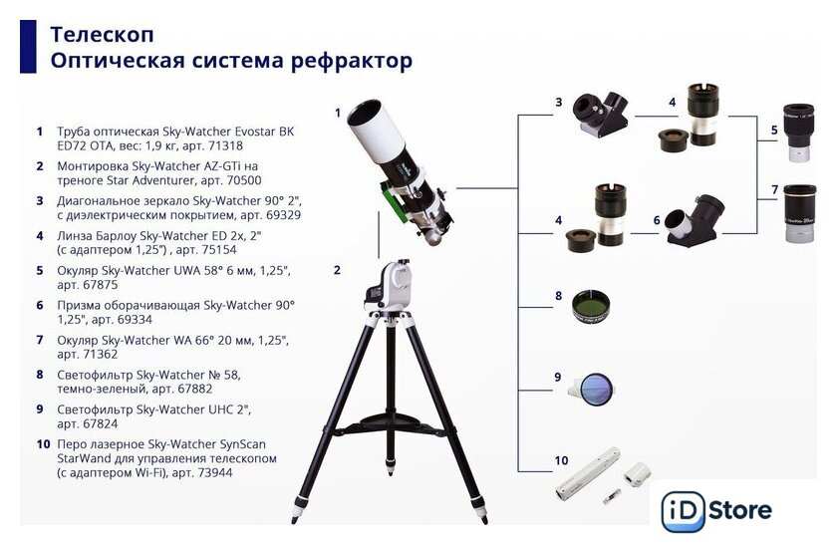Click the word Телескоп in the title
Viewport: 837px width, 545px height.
point(102,34)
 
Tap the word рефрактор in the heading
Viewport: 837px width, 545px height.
point(352,61)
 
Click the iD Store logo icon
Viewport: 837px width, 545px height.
point(683,511)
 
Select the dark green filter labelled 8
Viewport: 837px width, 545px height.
point(590,307)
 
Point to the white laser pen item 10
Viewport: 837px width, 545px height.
point(587,473)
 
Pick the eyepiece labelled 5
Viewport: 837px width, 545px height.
point(798,133)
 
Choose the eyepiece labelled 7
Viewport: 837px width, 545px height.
point(799,213)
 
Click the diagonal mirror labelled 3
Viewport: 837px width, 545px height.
point(600,115)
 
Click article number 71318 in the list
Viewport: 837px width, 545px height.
point(224,145)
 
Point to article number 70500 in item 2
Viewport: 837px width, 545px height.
point(243,180)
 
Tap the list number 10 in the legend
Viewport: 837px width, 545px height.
point(43,444)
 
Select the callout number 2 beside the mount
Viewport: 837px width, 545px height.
point(337,270)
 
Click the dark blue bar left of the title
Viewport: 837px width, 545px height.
point(28,47)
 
